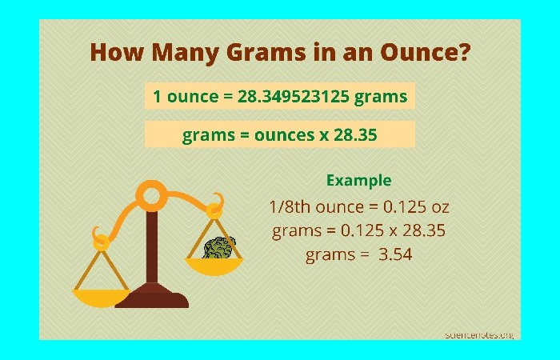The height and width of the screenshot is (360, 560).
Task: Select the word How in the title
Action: tap(117, 52)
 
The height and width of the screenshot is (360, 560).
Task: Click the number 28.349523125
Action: tap(293, 96)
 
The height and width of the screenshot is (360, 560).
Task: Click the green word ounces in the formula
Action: tap(284, 135)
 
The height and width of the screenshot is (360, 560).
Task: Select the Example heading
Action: tap(359, 181)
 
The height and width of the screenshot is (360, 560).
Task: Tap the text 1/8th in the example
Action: tap(290, 206)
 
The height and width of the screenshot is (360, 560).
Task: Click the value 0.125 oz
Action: tap(416, 206)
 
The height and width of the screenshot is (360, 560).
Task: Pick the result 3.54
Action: tap(395, 254)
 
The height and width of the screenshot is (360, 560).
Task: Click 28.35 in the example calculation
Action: tap(424, 230)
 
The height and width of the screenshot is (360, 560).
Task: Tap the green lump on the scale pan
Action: tap(218, 248)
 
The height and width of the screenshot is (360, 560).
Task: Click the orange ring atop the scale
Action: tap(151, 196)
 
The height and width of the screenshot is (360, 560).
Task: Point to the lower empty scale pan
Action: tap(101, 298)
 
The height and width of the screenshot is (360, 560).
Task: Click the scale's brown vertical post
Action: tap(152, 247)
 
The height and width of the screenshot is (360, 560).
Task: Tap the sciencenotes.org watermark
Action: tap(479, 335)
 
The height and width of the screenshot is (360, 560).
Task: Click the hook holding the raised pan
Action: tap(216, 206)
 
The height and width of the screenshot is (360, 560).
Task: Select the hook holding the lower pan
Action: tap(100, 239)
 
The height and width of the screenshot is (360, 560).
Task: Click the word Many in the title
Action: tap(185, 53)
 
